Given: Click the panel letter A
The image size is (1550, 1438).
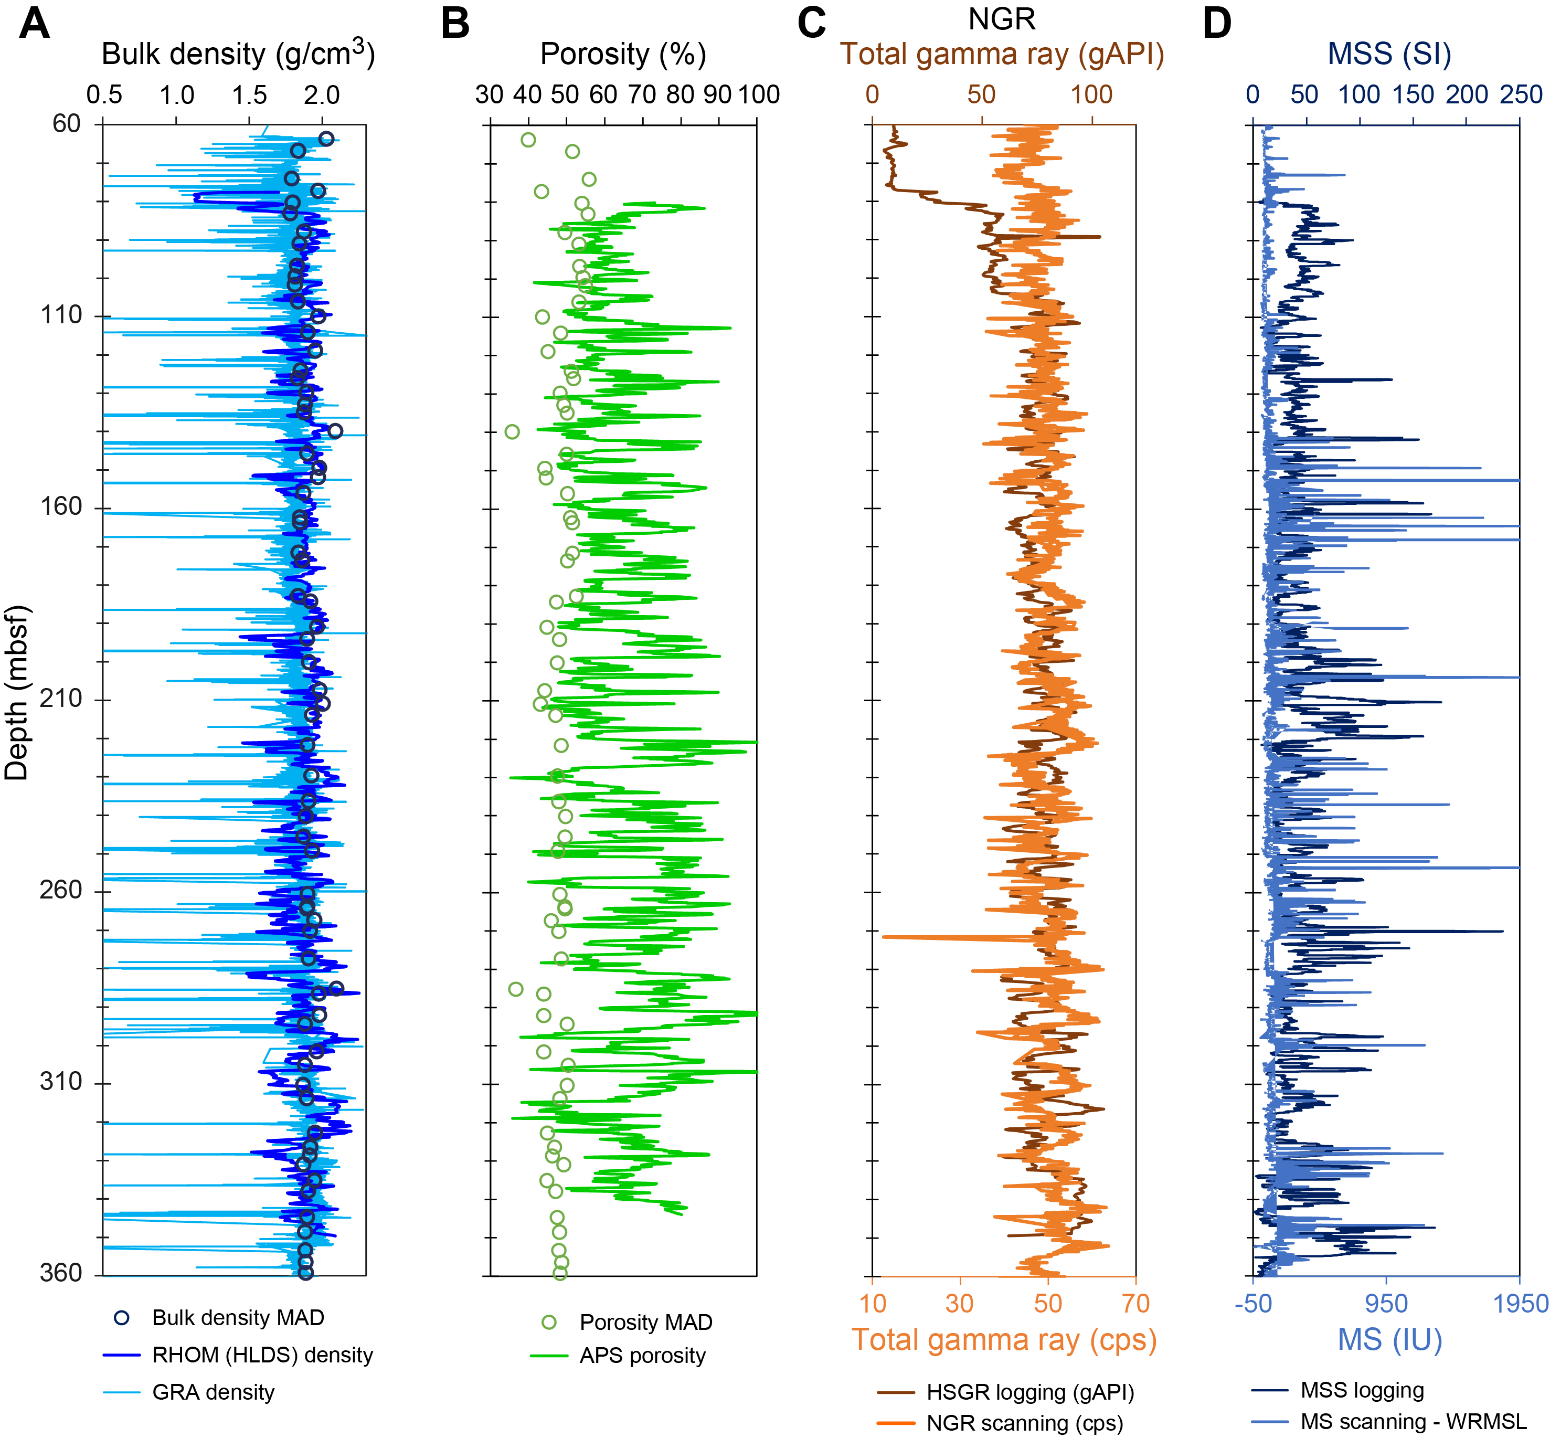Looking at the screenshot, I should pyautogui.click(x=34, y=23).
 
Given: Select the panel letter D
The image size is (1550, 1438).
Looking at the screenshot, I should pyautogui.click(x=1217, y=23).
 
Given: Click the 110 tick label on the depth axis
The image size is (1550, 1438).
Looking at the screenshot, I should pyautogui.click(x=61, y=315).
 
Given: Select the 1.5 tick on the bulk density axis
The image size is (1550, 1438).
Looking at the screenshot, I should pyautogui.click(x=249, y=95).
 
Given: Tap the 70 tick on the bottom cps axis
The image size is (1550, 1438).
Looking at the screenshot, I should pyautogui.click(x=1135, y=1303).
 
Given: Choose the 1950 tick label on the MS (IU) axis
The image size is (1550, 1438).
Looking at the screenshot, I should pyautogui.click(x=1520, y=1303).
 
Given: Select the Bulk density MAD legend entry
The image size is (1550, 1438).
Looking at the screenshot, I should pyautogui.click(x=237, y=1317).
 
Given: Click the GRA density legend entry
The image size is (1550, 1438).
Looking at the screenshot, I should pyautogui.click(x=213, y=1392).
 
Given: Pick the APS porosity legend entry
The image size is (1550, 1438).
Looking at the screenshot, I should pyautogui.click(x=642, y=1356).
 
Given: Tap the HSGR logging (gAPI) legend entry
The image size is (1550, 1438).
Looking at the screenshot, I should pyautogui.click(x=1029, y=1392).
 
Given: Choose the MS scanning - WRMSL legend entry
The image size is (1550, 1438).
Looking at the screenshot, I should pyautogui.click(x=1413, y=1422).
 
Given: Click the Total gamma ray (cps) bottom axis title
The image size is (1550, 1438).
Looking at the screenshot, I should pyautogui.click(x=1004, y=1340).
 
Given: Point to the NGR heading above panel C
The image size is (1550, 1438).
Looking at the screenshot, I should pyautogui.click(x=1002, y=19).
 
